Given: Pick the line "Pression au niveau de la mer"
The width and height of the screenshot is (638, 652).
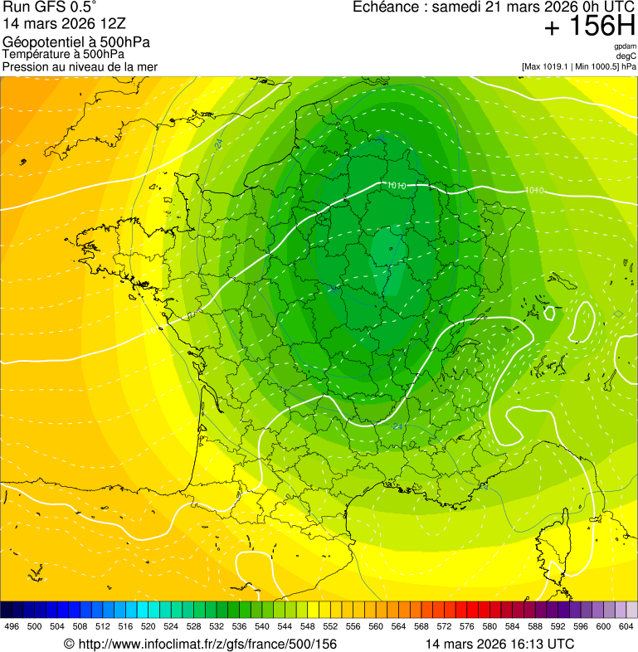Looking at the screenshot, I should [x=80, y=66].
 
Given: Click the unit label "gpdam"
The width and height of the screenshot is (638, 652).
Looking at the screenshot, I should [x=625, y=46].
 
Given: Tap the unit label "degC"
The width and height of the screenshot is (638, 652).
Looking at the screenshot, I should [x=626, y=56].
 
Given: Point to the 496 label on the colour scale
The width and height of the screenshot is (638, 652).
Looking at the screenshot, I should [x=12, y=627].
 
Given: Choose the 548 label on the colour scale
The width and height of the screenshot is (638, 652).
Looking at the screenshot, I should [x=307, y=627].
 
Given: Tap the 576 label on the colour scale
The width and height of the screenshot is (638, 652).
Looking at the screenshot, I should [x=466, y=627].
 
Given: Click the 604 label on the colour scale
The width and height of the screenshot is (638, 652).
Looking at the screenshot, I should [x=626, y=627].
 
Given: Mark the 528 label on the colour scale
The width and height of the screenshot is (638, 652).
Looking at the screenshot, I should [x=193, y=627].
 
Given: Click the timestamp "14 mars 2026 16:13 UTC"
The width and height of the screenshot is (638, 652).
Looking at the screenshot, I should [x=499, y=644].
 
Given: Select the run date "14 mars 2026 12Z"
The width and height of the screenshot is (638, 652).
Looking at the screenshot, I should [x=65, y=25].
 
